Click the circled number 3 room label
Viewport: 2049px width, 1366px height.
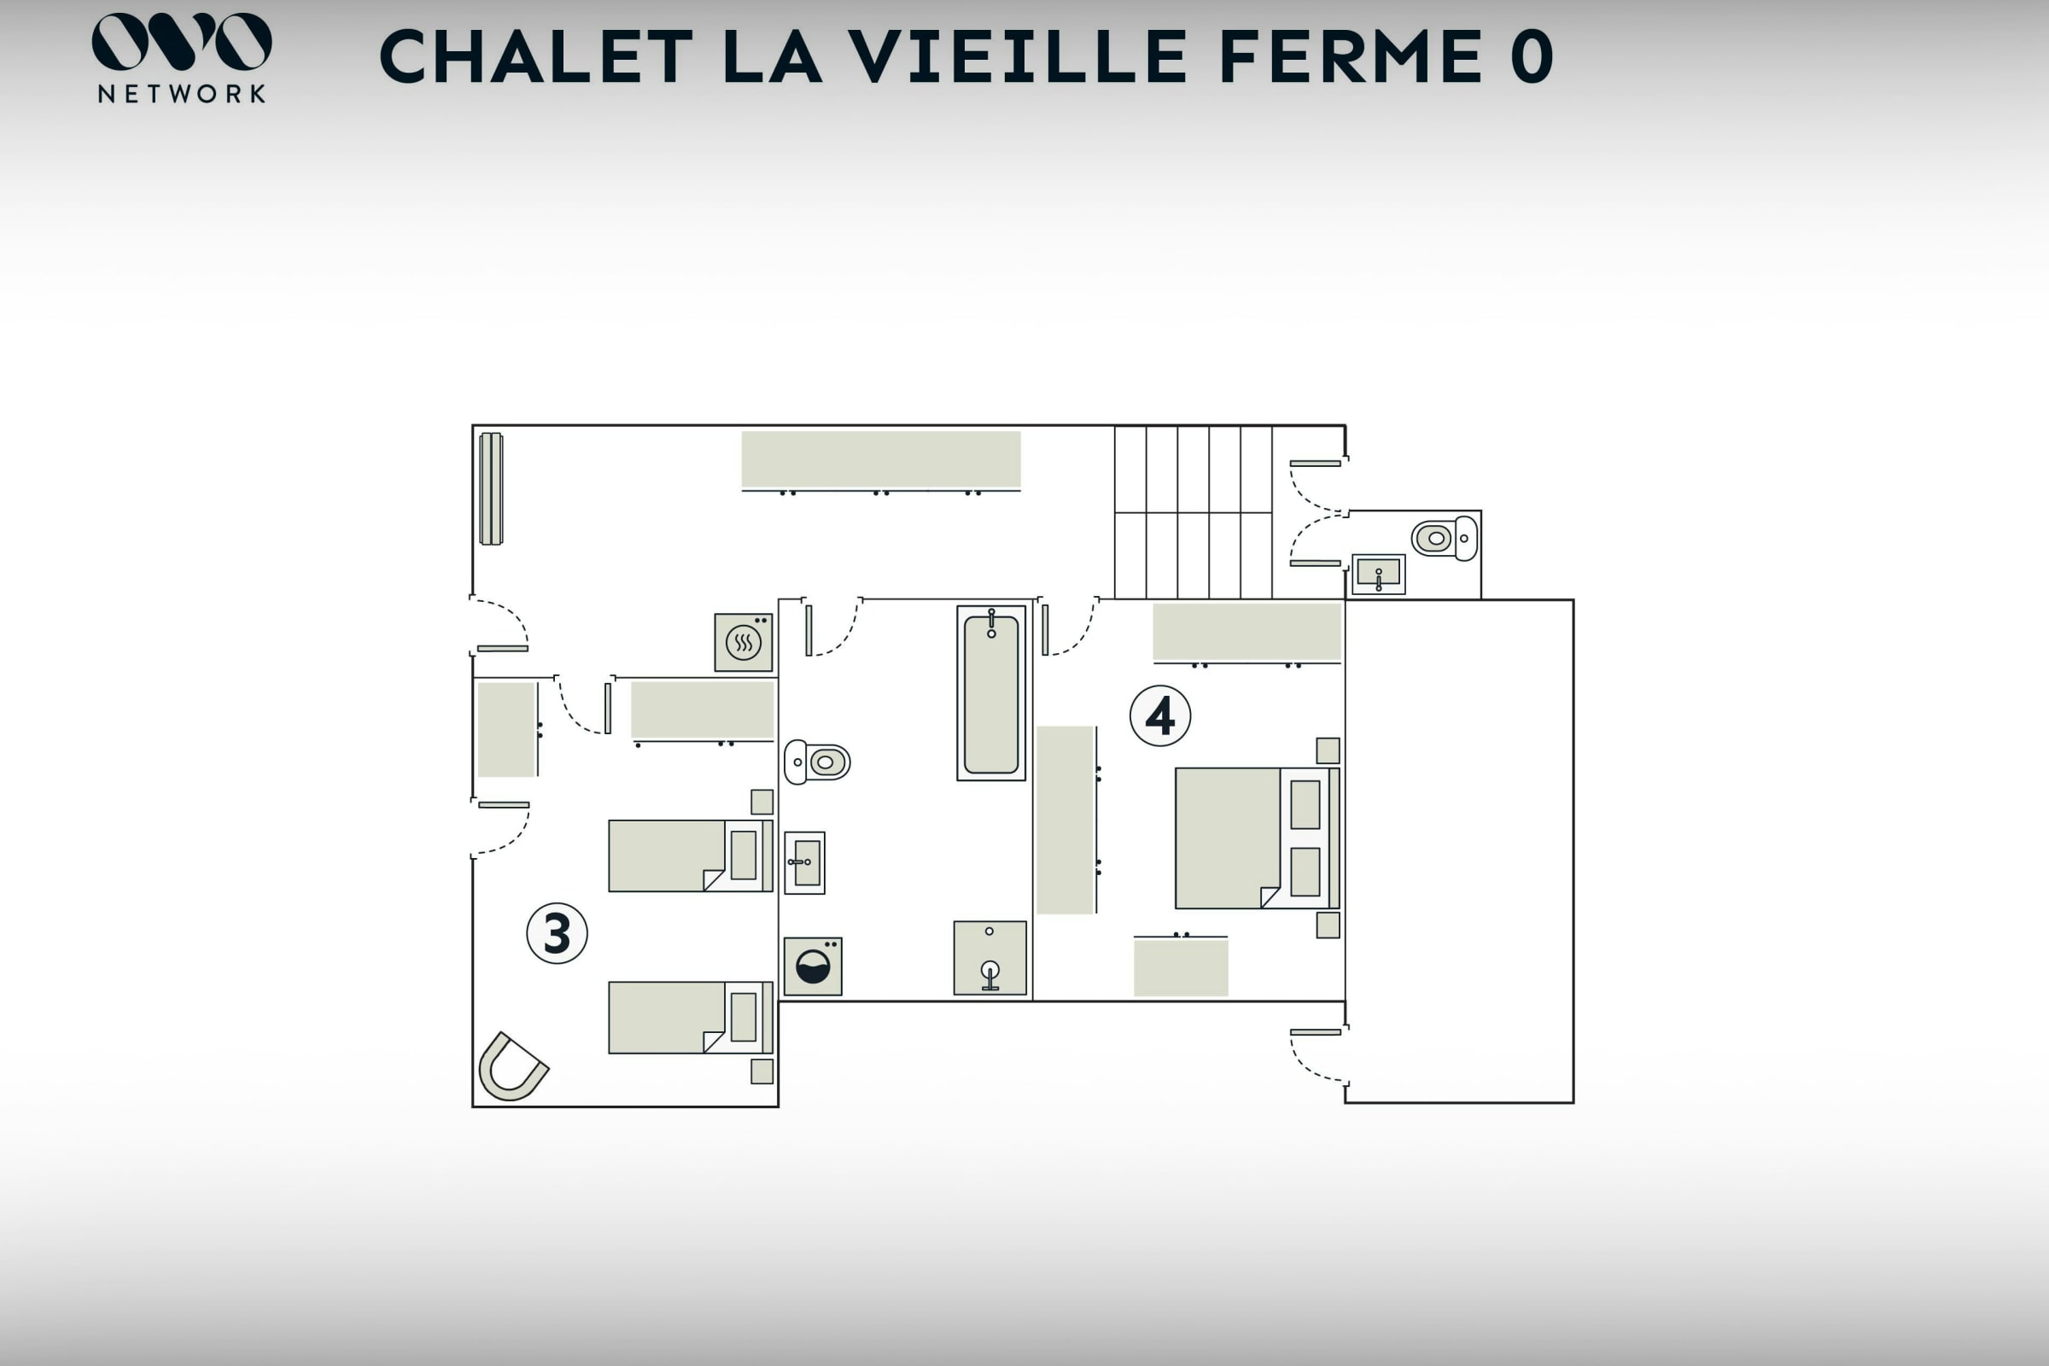[557, 933]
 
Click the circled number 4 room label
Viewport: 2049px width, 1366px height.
[1159, 716]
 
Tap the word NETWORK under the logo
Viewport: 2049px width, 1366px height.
[181, 94]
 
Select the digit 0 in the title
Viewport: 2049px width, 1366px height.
[1532, 56]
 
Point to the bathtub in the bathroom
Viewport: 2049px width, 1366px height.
[991, 693]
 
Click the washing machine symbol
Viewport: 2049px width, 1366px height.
[813, 966]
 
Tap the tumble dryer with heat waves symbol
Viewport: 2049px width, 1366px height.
[743, 643]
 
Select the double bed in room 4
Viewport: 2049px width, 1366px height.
[1257, 838]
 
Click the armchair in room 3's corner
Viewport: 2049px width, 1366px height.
[512, 1067]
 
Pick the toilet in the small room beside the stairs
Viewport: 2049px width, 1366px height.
[1445, 539]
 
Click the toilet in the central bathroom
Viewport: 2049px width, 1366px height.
[817, 762]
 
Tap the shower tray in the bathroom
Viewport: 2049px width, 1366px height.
[989, 957]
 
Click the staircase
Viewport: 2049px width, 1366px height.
[1194, 512]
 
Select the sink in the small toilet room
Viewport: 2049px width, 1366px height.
[1378, 575]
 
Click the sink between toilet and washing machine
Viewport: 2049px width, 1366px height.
[804, 862]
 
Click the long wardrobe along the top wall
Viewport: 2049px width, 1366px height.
[881, 460]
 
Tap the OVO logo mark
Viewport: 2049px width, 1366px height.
[181, 41]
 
